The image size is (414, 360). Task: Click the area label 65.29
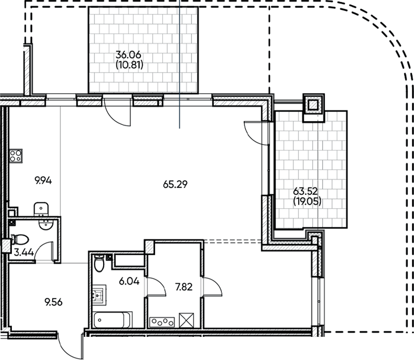click(x=175, y=185)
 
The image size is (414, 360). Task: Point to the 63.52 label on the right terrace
click(x=305, y=192)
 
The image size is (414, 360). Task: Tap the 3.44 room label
click(x=24, y=252)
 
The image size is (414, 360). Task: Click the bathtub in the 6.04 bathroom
click(x=113, y=320)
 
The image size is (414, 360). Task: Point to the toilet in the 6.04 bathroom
click(x=98, y=263)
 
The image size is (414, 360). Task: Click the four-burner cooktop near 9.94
click(x=16, y=155)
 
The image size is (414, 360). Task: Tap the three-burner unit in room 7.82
click(x=162, y=322)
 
